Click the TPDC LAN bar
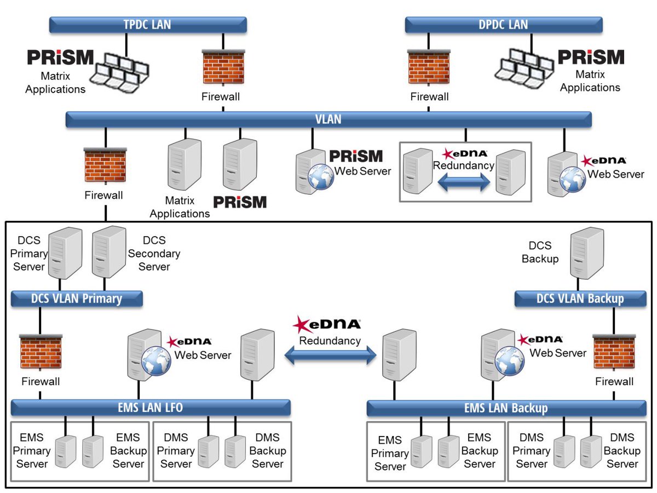pyautogui.click(x=148, y=25)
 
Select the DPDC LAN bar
pyautogui.click(x=503, y=25)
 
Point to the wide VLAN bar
pyautogui.click(x=328, y=119)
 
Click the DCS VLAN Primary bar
pyautogui.click(x=77, y=299)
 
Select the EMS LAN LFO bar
pyautogui.click(x=151, y=408)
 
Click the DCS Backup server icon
pyautogui.click(x=587, y=255)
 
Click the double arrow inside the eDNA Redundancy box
pyautogui.click(x=464, y=182)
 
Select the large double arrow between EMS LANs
pyautogui.click(x=330, y=357)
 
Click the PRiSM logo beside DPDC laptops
pyautogui.click(x=591, y=58)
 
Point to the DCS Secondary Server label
pyautogui.click(x=154, y=254)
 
